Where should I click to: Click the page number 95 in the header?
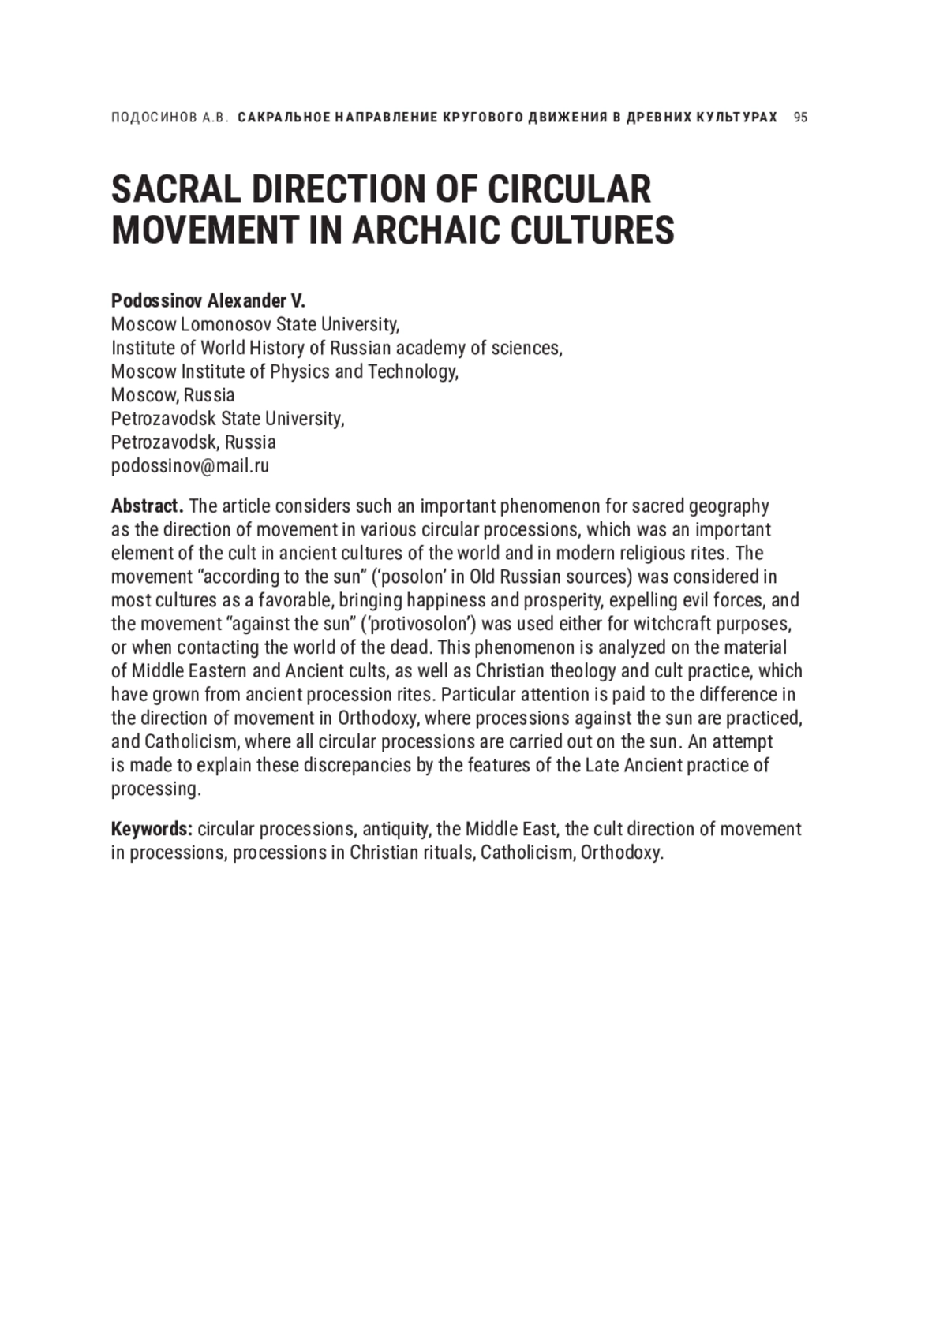point(800,118)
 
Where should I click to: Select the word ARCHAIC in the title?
point(422,230)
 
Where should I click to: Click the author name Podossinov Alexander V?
point(208,300)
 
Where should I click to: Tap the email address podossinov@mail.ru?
point(189,466)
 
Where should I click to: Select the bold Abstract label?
point(147,506)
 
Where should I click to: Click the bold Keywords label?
point(152,829)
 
